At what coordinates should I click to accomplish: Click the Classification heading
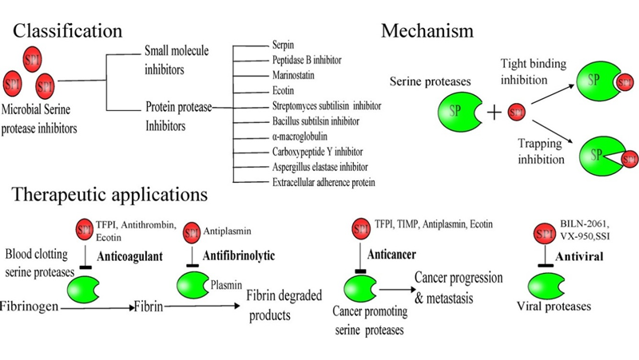tap(69, 31)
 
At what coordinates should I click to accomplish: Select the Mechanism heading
tap(427, 31)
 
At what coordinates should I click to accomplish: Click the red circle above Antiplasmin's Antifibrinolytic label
tap(192, 233)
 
